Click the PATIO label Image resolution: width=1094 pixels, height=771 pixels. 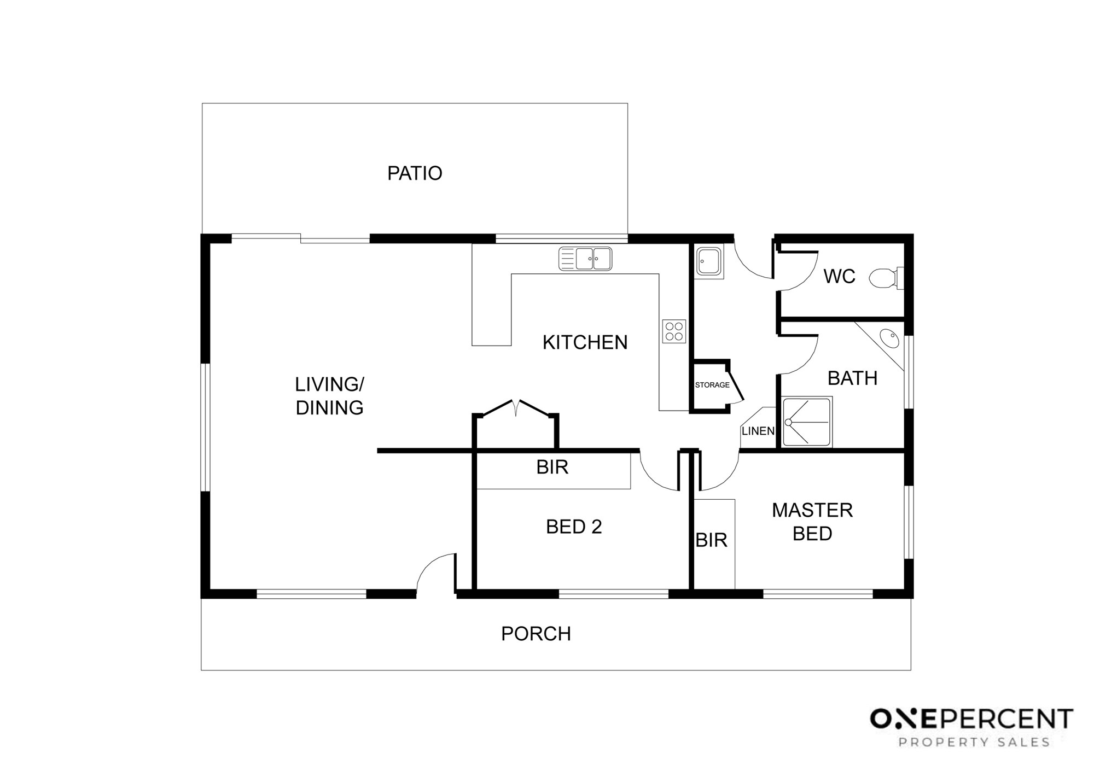[x=415, y=173]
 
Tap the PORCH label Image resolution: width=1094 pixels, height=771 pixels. [x=536, y=634]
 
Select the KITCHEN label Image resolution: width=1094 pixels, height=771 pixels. [x=585, y=342]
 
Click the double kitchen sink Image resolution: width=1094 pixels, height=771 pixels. [x=585, y=259]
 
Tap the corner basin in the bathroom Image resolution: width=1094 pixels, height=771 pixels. [x=889, y=338]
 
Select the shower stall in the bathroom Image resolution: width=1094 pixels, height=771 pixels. [x=807, y=422]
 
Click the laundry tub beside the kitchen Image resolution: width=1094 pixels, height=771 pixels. [x=709, y=262]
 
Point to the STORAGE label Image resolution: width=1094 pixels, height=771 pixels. [x=712, y=385]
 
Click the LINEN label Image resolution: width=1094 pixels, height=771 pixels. [x=758, y=431]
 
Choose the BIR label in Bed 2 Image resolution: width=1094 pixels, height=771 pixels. [x=552, y=468]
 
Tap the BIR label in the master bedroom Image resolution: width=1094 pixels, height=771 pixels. [x=711, y=540]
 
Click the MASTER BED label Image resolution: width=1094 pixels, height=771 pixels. [x=812, y=522]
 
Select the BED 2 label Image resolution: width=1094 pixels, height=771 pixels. [x=574, y=527]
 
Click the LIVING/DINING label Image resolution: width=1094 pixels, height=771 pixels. [x=329, y=396]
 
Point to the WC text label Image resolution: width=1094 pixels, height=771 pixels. [x=839, y=277]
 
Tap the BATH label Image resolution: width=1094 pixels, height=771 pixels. [x=852, y=378]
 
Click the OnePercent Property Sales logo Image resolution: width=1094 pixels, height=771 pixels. [x=971, y=727]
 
